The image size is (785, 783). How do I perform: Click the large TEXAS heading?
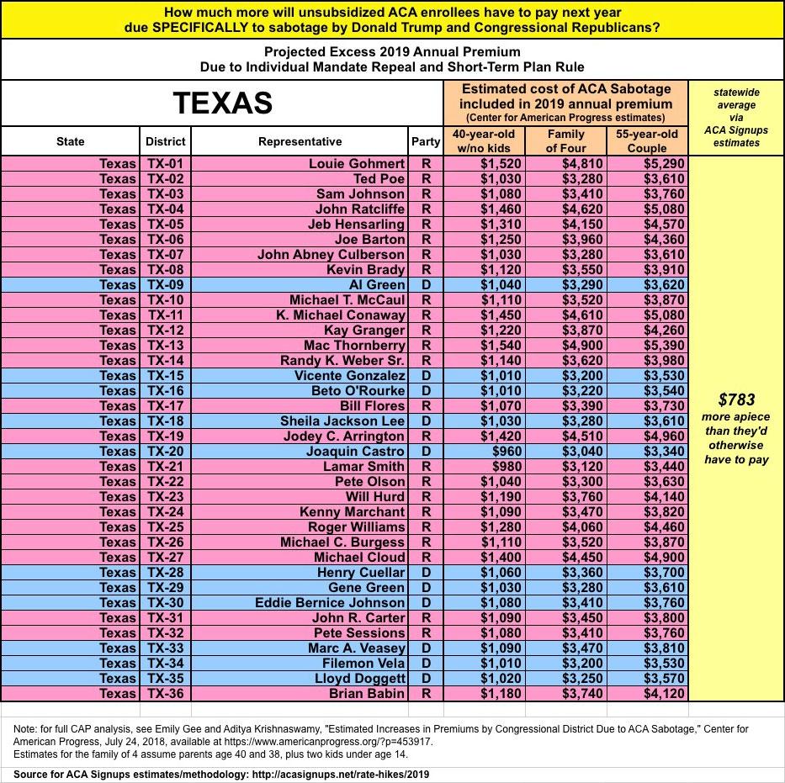tap(222, 103)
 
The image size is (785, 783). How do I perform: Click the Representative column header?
tap(300, 141)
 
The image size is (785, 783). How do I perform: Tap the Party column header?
tap(426, 141)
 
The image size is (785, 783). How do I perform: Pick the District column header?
tap(166, 141)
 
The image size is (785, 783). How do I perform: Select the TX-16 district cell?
tap(166, 390)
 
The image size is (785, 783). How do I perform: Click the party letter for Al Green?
tap(426, 284)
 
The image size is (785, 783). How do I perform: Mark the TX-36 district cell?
tap(166, 693)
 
